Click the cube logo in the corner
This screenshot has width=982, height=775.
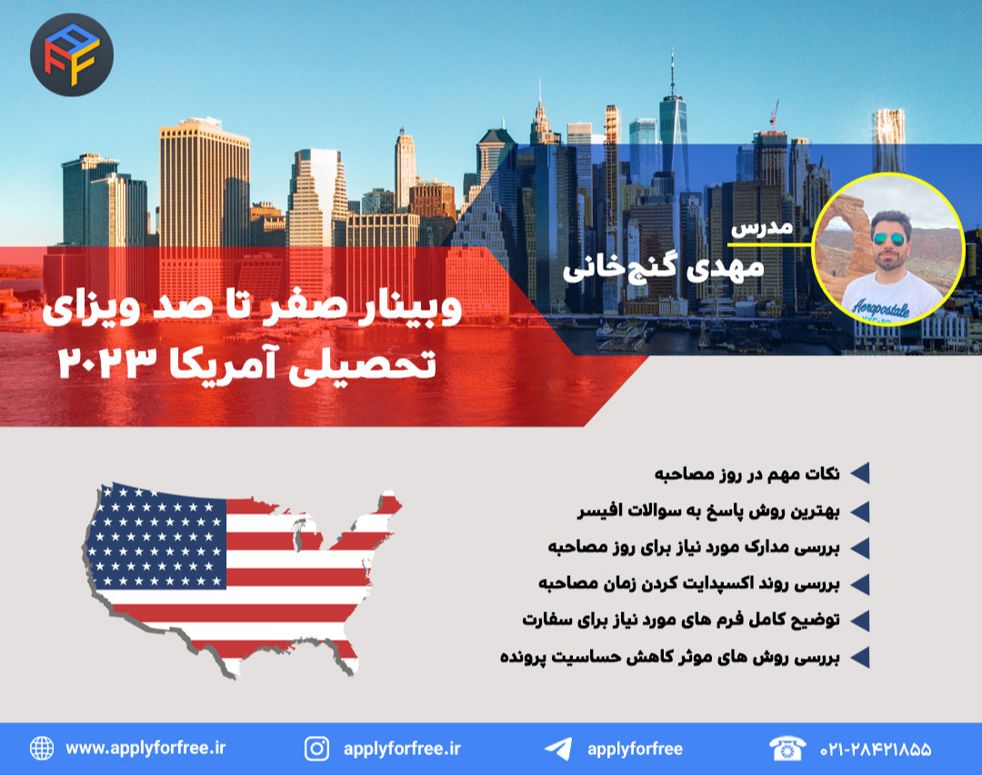[x=71, y=55]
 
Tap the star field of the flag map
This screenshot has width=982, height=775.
[x=160, y=536]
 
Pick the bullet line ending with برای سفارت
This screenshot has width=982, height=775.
[x=681, y=620]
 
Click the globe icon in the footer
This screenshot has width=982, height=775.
[x=42, y=749]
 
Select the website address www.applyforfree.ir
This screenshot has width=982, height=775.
[x=145, y=749]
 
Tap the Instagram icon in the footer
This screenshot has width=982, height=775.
[x=316, y=749]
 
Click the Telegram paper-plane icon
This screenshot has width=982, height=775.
[x=557, y=749]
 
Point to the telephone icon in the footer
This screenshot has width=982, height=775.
[x=787, y=749]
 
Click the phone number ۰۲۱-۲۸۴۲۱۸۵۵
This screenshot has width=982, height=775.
[x=876, y=750]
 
